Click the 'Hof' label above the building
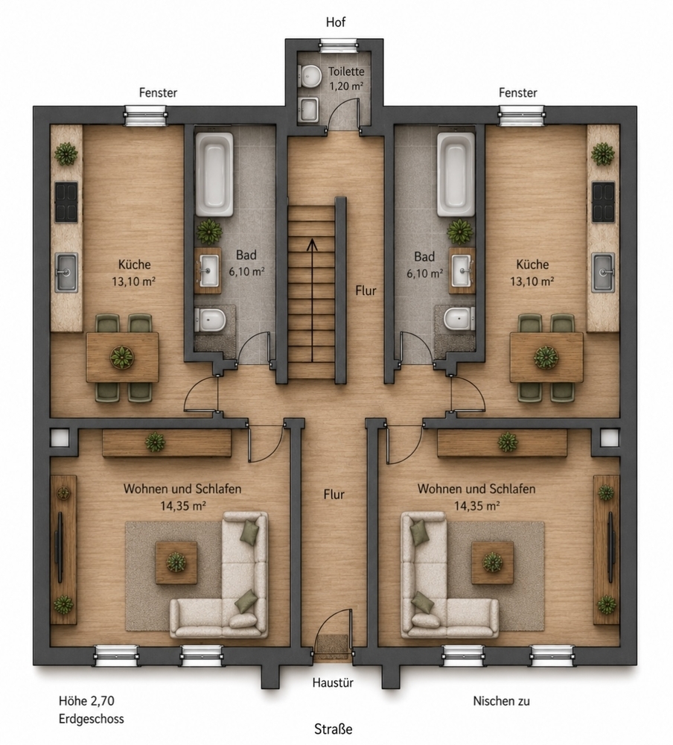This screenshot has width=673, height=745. click(336, 22)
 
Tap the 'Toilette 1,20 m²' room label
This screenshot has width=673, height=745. click(347, 79)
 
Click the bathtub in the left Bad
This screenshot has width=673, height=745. click(214, 174)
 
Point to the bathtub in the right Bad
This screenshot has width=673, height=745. click(456, 174)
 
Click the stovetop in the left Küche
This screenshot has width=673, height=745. click(66, 203)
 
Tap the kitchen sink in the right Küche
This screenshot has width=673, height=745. click(603, 272)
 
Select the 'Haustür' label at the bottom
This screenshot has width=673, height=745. click(333, 682)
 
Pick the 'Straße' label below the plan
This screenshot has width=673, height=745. click(334, 729)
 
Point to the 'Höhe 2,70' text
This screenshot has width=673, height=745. click(86, 701)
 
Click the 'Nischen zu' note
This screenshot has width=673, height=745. click(502, 701)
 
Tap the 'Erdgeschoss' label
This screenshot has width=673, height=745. click(91, 719)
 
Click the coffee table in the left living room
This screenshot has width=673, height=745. click(176, 562)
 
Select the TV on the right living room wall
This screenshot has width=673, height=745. click(611, 547)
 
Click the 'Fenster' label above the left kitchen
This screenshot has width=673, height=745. click(158, 92)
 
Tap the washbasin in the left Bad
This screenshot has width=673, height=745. click(209, 271)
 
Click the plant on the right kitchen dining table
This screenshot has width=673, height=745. click(546, 357)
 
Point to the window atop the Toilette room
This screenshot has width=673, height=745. click(339, 46)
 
